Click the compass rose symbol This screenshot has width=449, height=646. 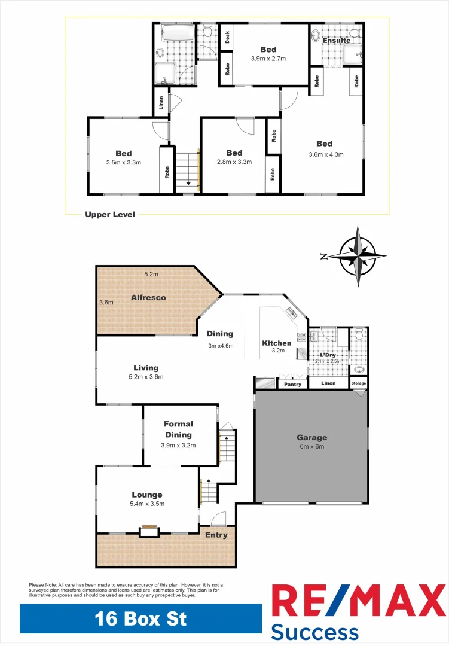coord(358,255)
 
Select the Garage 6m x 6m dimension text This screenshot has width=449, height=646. coord(311,447)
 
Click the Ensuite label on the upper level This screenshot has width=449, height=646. coord(337,41)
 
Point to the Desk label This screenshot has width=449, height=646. coord(227,38)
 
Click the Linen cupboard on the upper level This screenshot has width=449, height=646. coord(161,103)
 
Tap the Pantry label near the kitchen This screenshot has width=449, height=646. coord(292,384)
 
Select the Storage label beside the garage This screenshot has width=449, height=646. coord(359,383)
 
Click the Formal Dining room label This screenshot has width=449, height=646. coord(178,429)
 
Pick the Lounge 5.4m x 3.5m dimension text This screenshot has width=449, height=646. coord(147,504)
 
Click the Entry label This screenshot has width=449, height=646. coord(216,535)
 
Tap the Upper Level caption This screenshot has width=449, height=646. coord(109,214)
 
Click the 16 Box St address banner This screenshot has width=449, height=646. coord(140,618)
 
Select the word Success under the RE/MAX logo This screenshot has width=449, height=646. coord(314,632)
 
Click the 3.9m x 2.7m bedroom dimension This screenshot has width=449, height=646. coord(267,59)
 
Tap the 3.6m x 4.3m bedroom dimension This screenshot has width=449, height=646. coord(325,154)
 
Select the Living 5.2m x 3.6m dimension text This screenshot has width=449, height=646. coord(145,377)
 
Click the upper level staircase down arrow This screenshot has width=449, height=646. coord(188,183)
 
